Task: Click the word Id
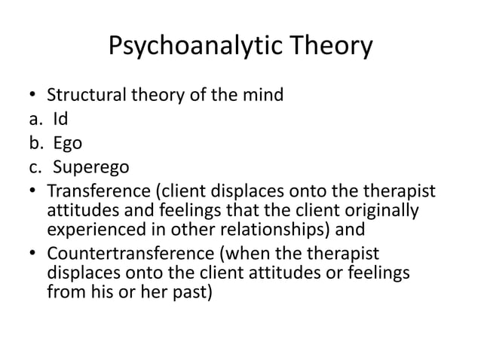click(x=59, y=119)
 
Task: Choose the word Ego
click(x=66, y=142)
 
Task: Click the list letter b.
click(x=26, y=142)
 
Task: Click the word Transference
click(x=100, y=188)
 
